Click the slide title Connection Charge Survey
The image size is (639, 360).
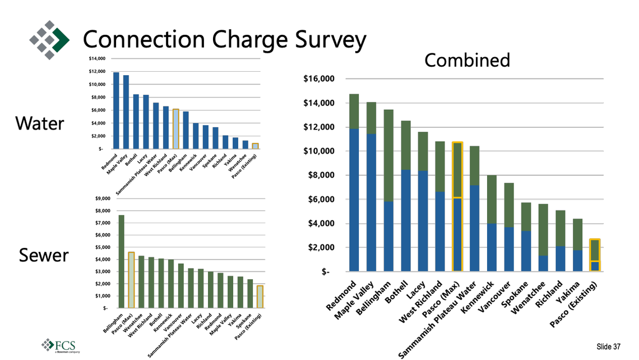coord(224,40)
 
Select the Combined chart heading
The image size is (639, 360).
coord(467,60)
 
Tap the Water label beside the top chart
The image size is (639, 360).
coord(39,123)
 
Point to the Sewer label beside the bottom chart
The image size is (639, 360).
coord(43,256)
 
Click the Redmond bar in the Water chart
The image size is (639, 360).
coord(116,111)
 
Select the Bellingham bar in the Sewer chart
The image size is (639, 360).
coord(121,262)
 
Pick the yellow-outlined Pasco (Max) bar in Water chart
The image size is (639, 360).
coord(175,129)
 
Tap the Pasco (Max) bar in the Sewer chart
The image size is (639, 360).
coord(131,280)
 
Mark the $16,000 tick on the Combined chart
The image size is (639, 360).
coord(319,79)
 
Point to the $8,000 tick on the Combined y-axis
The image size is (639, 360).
coord(321,176)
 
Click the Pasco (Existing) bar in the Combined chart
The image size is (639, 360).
coord(595,255)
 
